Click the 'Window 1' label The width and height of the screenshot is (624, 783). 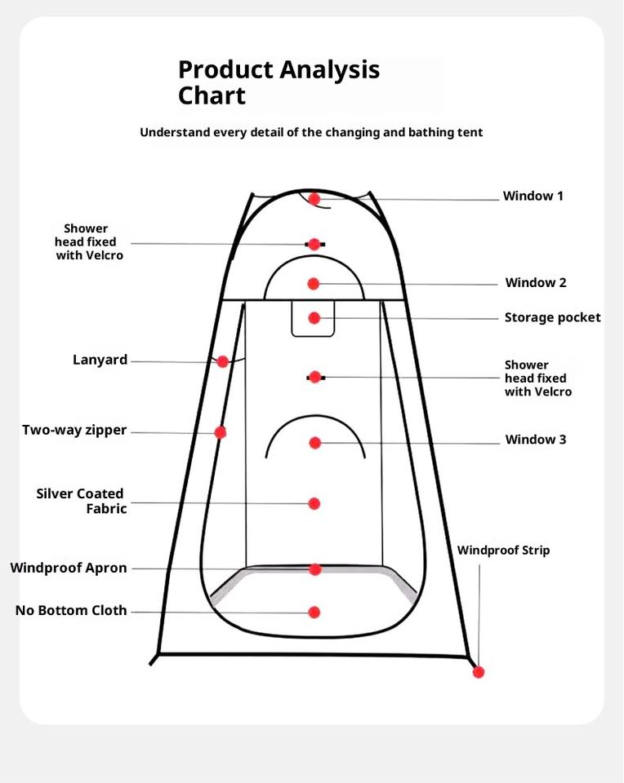(533, 197)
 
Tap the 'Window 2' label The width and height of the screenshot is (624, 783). (535, 283)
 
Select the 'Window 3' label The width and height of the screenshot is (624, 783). (535, 440)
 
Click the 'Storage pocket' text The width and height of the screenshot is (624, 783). (552, 317)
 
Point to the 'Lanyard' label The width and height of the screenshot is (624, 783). (100, 360)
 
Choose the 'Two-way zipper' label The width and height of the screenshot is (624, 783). (74, 430)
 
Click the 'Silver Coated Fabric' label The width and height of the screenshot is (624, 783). (81, 501)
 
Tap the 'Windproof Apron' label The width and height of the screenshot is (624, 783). (69, 568)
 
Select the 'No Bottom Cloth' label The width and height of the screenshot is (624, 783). (71, 610)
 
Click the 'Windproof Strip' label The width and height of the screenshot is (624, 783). (503, 551)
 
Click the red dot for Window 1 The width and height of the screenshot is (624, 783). (314, 198)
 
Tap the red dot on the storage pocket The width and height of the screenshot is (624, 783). (314, 318)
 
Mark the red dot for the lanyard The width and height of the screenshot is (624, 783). (222, 361)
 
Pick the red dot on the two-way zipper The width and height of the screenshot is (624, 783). (220, 432)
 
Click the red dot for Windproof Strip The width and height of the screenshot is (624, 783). (479, 672)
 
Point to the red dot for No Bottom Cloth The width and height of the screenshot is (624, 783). (314, 612)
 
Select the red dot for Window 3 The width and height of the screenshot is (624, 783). (314, 443)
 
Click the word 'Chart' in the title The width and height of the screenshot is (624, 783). (212, 96)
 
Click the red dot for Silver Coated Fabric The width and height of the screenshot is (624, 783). (314, 504)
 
